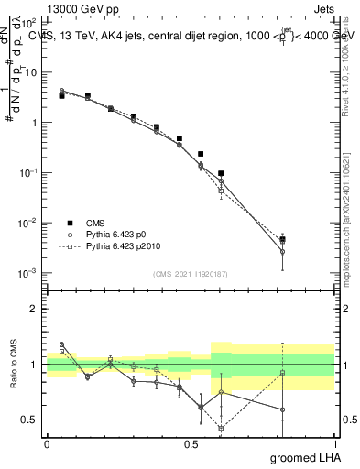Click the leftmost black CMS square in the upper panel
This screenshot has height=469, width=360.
click(x=61, y=95)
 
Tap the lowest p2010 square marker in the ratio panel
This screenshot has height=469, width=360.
click(x=221, y=428)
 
